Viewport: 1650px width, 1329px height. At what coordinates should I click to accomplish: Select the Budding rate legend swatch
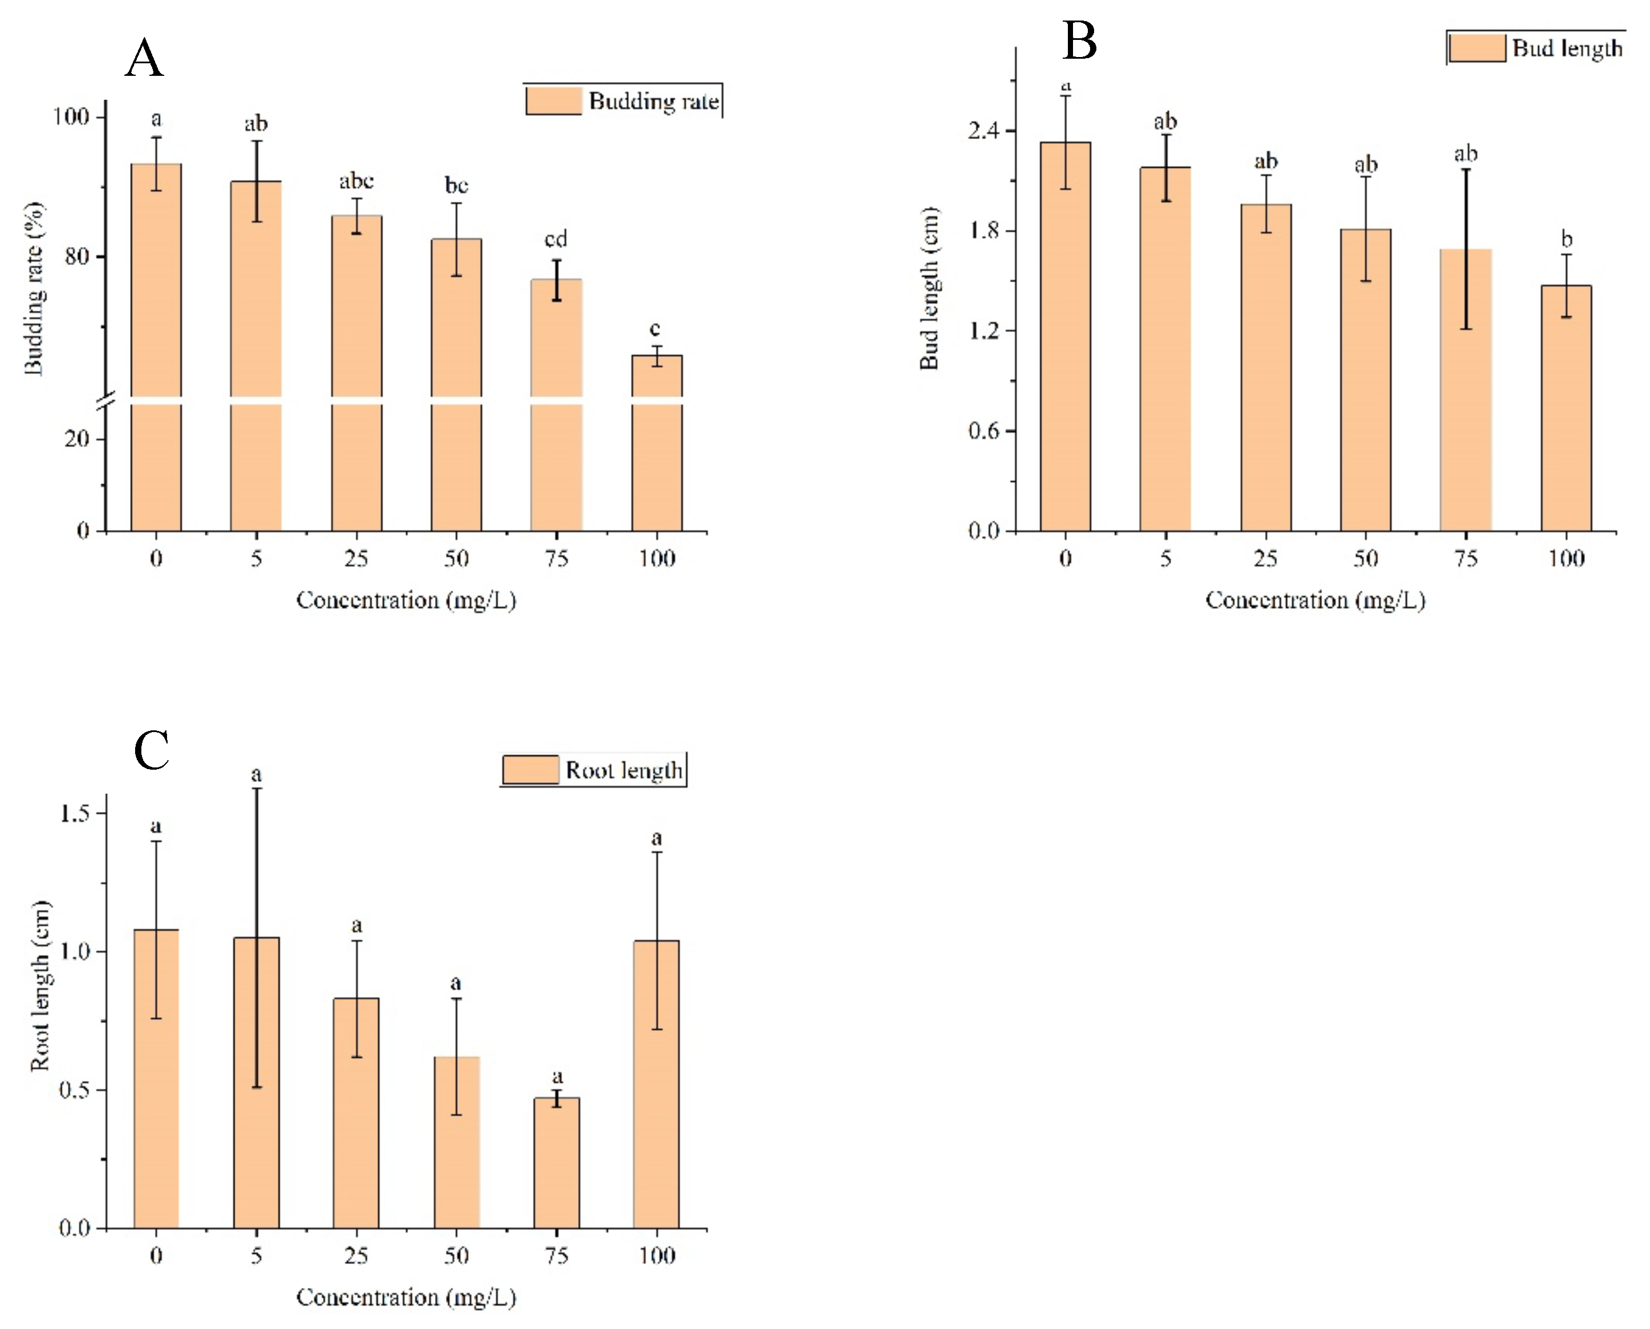coord(554,101)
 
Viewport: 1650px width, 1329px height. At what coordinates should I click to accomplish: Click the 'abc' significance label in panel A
coord(356,181)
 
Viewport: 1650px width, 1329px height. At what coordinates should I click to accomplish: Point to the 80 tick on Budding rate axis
coord(76,257)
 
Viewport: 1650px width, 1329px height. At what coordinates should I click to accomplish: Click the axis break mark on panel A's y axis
coord(107,400)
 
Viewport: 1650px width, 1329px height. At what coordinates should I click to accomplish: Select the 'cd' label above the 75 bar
coord(556,239)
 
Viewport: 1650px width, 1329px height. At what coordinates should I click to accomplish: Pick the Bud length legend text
coord(1567,48)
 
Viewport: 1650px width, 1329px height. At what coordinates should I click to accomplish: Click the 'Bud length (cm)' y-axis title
coord(929,288)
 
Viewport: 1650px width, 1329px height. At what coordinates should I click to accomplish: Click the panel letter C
coord(151,750)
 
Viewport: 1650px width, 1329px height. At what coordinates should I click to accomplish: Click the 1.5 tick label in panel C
coord(75,813)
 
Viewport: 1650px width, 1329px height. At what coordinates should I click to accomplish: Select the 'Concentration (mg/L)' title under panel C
coord(406,1298)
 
